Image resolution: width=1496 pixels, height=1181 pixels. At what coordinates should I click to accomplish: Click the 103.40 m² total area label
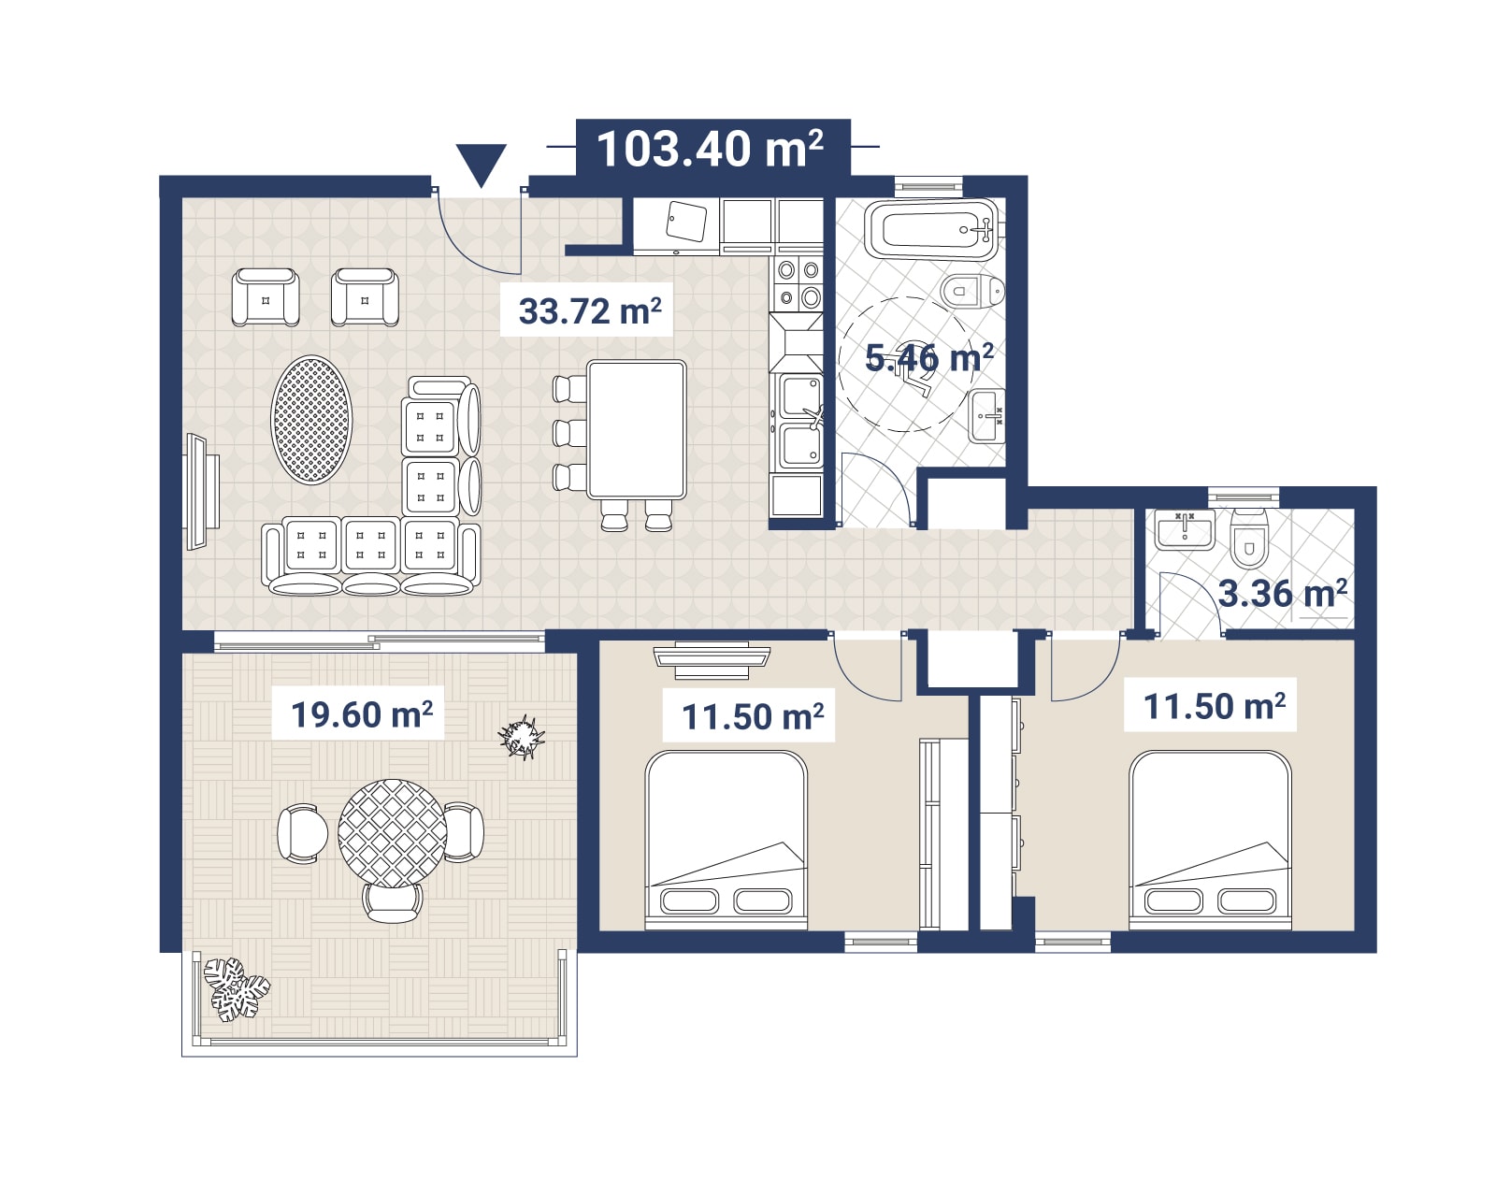coord(710,149)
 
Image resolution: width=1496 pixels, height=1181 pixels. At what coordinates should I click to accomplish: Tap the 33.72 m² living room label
coord(589,310)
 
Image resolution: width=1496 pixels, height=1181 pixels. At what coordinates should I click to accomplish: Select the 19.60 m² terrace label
coord(362,713)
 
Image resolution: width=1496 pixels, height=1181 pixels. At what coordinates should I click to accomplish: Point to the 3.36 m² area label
coord(1283,593)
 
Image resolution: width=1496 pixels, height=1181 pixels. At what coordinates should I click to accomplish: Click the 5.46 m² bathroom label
coord(928,358)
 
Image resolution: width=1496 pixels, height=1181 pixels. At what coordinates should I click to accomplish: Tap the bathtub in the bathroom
coord(931,230)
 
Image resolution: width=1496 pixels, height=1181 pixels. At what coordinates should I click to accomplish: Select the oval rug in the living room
coord(311,420)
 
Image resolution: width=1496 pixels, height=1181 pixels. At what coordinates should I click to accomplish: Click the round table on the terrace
coord(392,833)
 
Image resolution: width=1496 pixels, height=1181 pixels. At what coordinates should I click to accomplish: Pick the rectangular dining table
coord(636,429)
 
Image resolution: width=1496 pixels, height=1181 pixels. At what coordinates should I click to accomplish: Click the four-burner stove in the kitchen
coord(799,283)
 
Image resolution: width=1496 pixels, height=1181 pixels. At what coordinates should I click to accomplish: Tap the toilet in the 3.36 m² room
coord(1249,538)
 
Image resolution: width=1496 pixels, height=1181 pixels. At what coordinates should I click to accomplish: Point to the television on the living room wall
coord(202,491)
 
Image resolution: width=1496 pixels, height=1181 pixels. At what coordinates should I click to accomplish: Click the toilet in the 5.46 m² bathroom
coord(972,291)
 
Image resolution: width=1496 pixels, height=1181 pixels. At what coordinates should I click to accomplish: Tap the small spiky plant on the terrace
coord(522,738)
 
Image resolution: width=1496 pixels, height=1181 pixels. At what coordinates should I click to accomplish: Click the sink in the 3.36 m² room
coord(1186,529)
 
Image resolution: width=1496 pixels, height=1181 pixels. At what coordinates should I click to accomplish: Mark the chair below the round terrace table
coord(393,902)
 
